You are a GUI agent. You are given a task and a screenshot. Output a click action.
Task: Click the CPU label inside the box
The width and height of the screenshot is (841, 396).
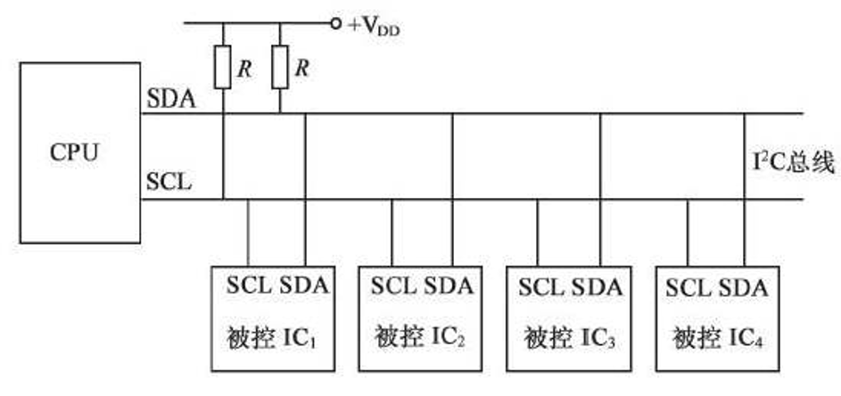[74, 152]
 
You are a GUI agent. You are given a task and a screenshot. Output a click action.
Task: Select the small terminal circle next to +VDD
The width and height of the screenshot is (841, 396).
[336, 23]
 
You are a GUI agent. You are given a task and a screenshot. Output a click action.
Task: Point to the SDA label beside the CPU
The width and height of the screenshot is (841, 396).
[170, 98]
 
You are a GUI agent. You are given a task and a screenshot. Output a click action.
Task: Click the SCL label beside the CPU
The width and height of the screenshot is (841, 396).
[169, 183]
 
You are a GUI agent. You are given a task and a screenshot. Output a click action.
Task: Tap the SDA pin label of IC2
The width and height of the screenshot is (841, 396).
[449, 287]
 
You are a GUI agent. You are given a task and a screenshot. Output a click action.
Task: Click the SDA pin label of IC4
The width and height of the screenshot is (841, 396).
[744, 287]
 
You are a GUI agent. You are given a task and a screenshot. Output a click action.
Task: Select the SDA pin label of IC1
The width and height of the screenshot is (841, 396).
[304, 287]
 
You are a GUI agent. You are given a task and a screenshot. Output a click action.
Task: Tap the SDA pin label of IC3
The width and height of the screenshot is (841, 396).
[597, 287]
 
